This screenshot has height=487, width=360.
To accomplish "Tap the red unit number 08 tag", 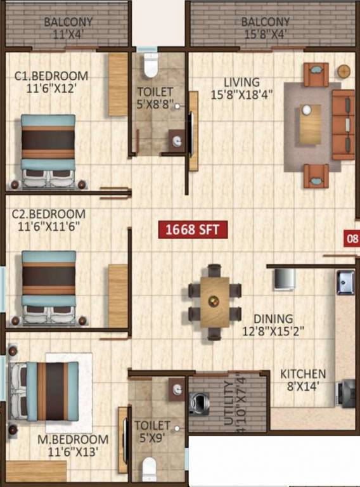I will pos(351,239).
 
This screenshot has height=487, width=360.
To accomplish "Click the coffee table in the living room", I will pos(310,124).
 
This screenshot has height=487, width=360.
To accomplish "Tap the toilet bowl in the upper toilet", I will pos(150,65).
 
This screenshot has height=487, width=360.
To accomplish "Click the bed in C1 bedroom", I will pos(48,150).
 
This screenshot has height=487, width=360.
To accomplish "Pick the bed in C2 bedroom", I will pos(49,287).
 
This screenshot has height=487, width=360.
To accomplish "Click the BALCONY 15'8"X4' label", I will pos(266,29).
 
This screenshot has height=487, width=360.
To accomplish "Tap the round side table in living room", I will pos(344,71).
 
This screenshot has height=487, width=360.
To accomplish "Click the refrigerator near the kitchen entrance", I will pos(283,279).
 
